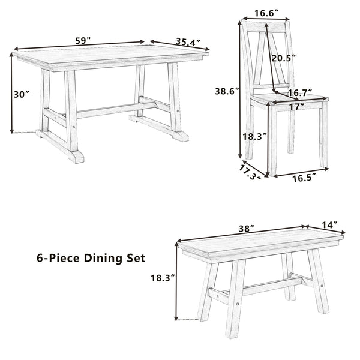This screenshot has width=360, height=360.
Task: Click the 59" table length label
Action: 83,41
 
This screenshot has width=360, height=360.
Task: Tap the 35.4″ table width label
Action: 188,42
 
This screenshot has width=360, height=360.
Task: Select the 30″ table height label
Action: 22,94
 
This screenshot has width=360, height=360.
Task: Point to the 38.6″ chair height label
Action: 227,91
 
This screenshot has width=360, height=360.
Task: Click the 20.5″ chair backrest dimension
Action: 284,58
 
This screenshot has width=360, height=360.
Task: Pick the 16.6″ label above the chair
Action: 266,14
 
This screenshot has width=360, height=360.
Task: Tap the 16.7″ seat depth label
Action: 300,93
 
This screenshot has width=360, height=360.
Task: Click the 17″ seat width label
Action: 297,107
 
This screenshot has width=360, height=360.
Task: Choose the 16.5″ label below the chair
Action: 304,178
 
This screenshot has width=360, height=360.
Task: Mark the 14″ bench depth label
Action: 329,225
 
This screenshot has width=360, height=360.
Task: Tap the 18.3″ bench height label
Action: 163,278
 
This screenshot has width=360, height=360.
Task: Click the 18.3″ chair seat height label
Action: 254,137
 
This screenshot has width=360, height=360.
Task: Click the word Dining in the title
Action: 101,259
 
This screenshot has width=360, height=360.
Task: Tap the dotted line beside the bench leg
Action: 188,319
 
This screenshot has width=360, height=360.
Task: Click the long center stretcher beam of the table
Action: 116,110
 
